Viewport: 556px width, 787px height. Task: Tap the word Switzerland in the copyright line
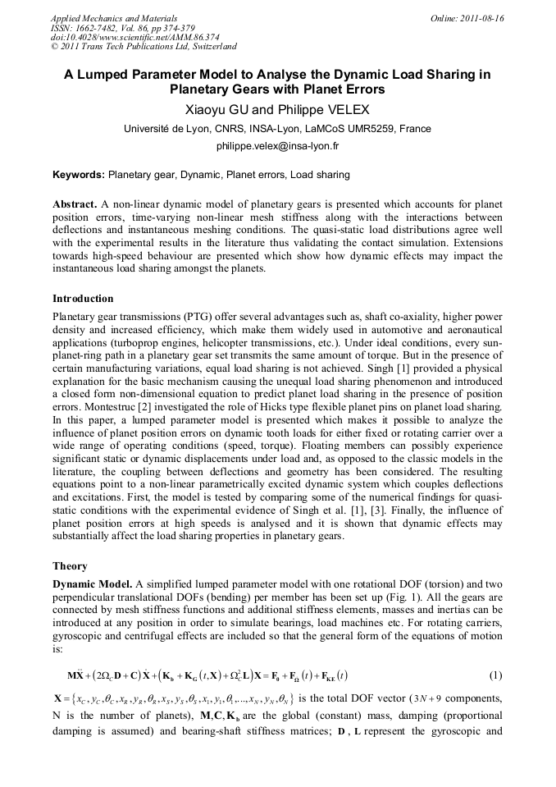[207, 47]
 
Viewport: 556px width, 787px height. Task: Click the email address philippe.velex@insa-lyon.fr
[277, 146]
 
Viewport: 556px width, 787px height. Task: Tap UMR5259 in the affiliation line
[371, 128]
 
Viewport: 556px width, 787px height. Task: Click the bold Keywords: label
[79, 175]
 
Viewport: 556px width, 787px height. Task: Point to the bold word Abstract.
[75, 203]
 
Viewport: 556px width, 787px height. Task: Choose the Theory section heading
[71, 565]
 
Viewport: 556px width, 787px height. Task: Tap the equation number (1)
[495, 675]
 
